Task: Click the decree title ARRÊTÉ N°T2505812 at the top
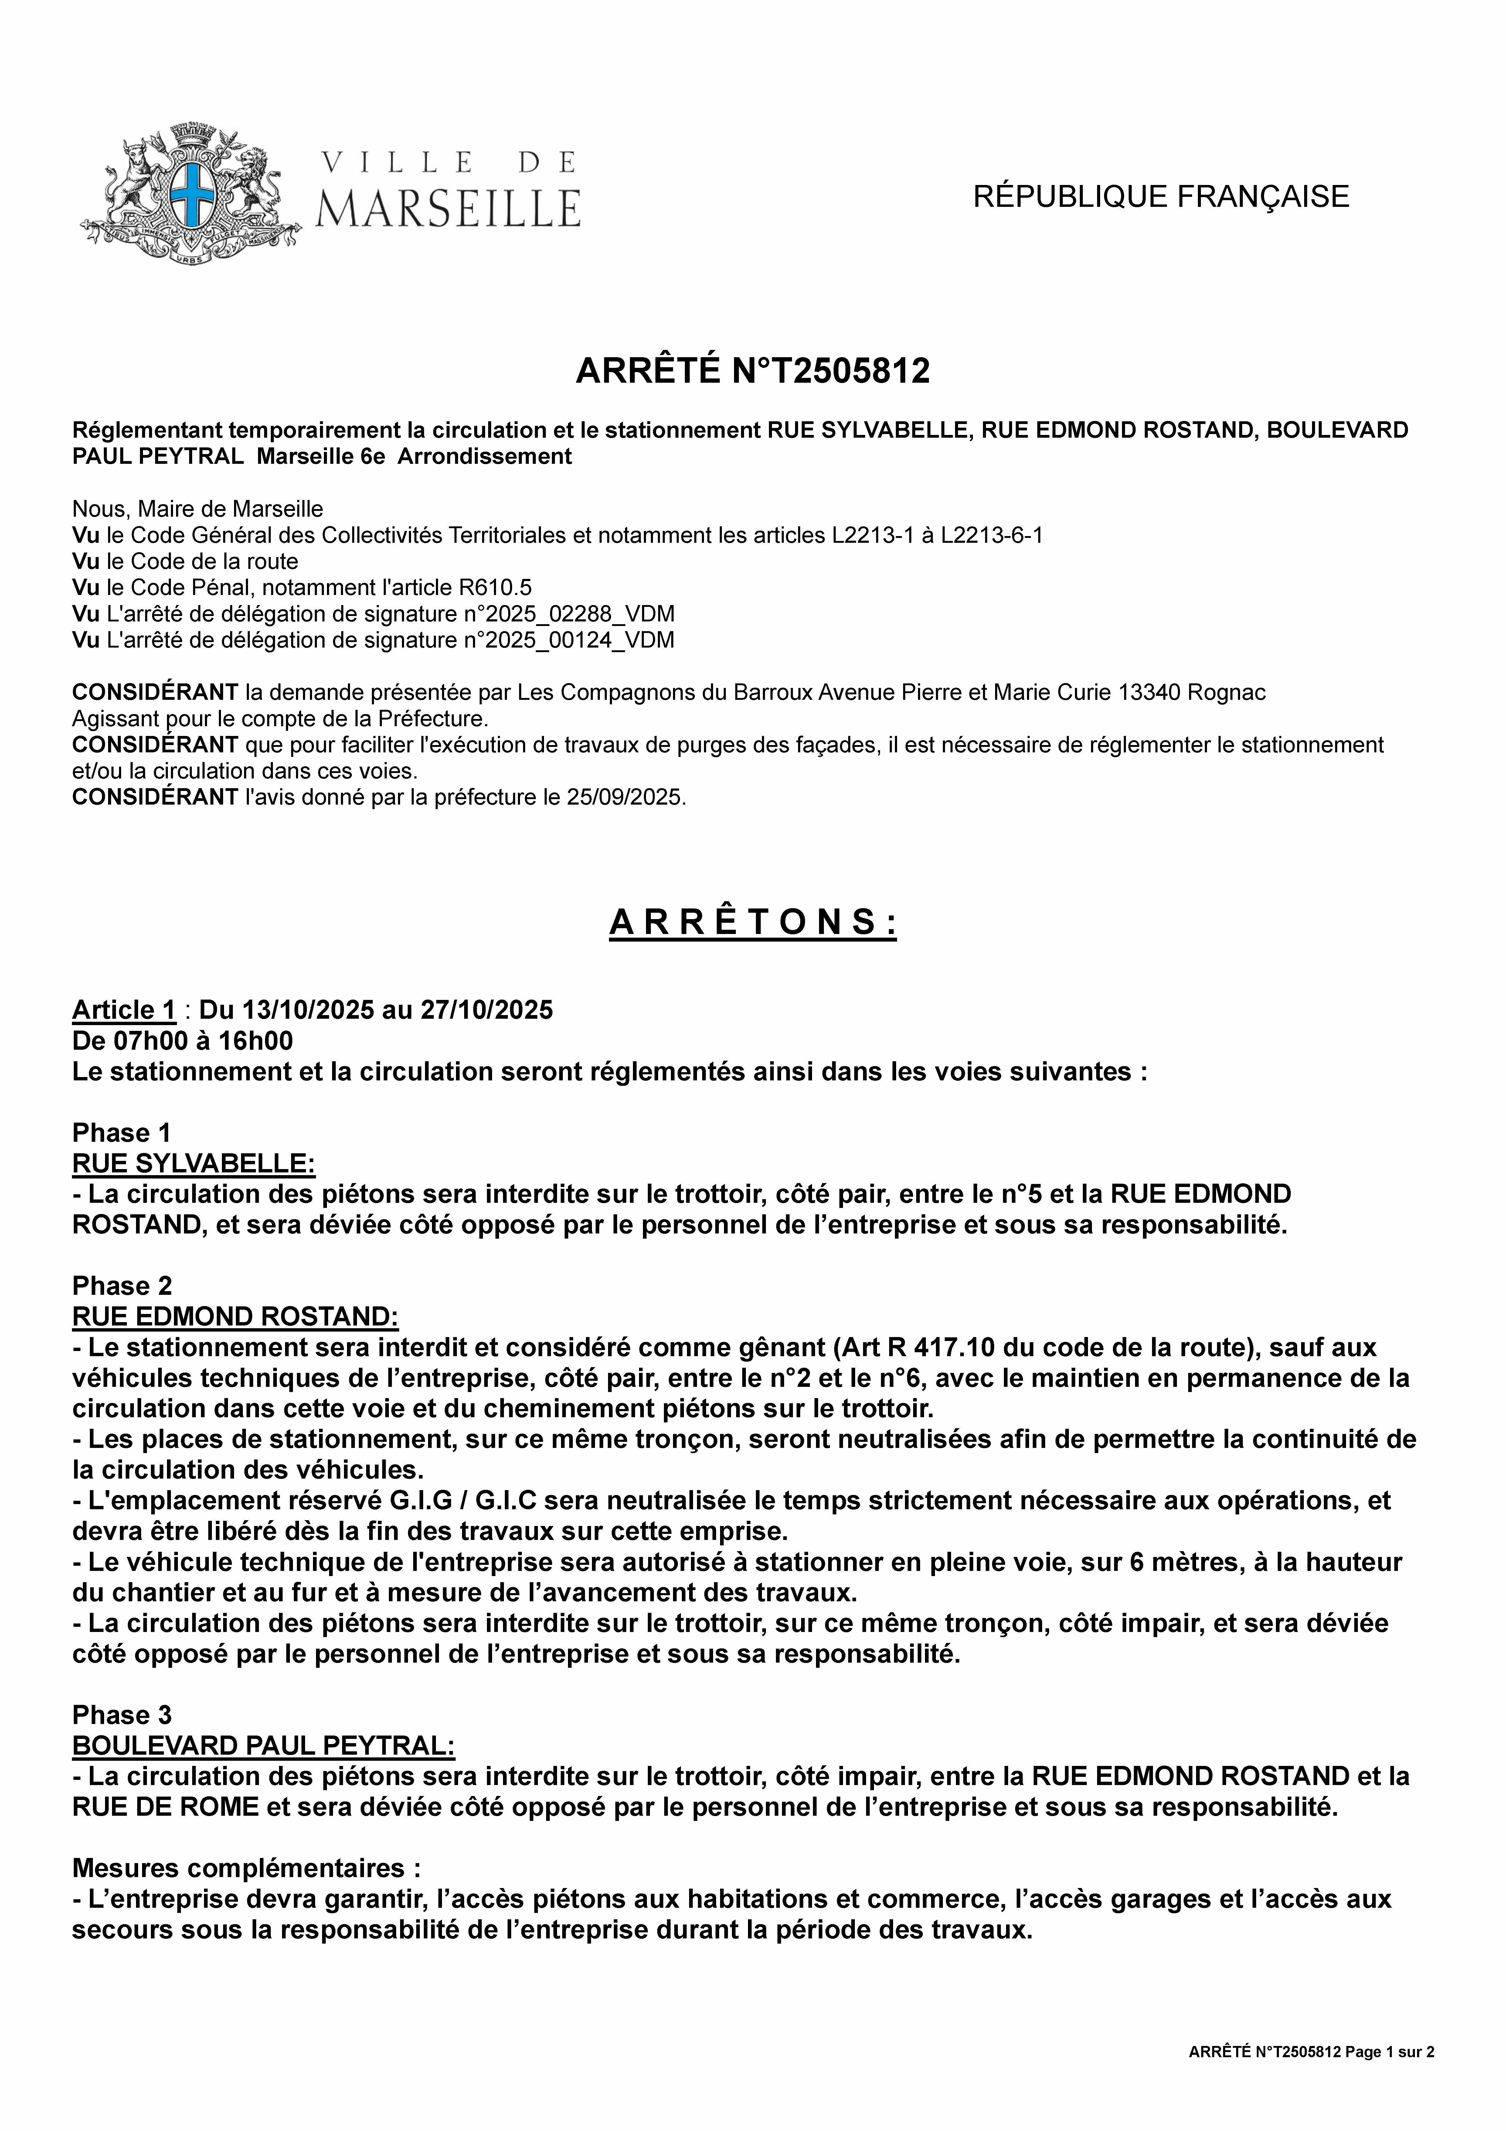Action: [753, 371]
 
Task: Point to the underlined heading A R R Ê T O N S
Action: [753, 922]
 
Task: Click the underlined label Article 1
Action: [124, 1010]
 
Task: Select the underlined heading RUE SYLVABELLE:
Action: [193, 1163]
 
